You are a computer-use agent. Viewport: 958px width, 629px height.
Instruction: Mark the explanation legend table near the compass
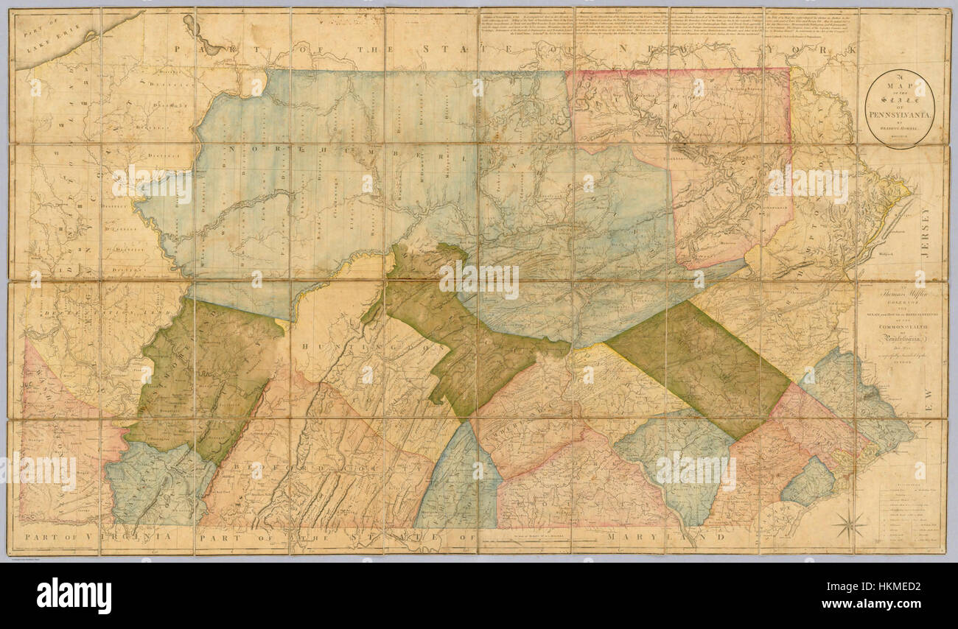click(910, 516)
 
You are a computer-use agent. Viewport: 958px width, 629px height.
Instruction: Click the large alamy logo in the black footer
click(74, 595)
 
